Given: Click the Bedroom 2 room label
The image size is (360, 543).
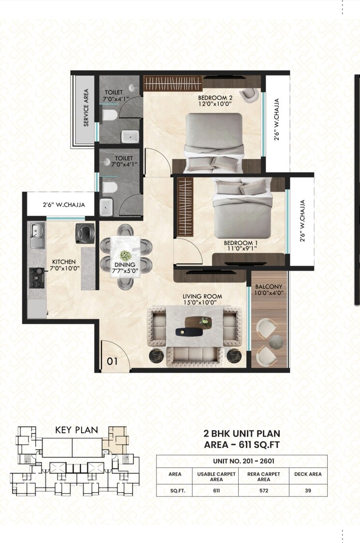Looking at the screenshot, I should point(215,97).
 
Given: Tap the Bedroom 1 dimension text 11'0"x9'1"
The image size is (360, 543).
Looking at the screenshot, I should point(240,249).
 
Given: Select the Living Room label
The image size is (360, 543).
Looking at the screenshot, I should point(202,296).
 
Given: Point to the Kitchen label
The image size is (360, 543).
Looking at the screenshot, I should point(64,261).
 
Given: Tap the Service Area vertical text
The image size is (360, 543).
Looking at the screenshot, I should point(86,107).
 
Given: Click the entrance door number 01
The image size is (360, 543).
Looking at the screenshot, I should point(112,361).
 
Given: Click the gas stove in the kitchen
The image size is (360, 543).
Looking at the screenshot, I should point(37,275).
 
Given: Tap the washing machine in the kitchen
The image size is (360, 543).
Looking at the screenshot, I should point(84,232).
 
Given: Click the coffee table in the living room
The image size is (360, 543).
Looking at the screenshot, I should point(193,325).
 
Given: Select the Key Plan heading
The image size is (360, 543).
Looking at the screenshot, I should point(77,429).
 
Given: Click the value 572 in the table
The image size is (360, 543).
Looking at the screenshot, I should point(264,490).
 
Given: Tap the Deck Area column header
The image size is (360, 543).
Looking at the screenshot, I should point(308,474).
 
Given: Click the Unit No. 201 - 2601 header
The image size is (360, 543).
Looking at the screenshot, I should point(242,461).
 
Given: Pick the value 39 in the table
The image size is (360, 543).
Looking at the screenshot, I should point(308,490).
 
